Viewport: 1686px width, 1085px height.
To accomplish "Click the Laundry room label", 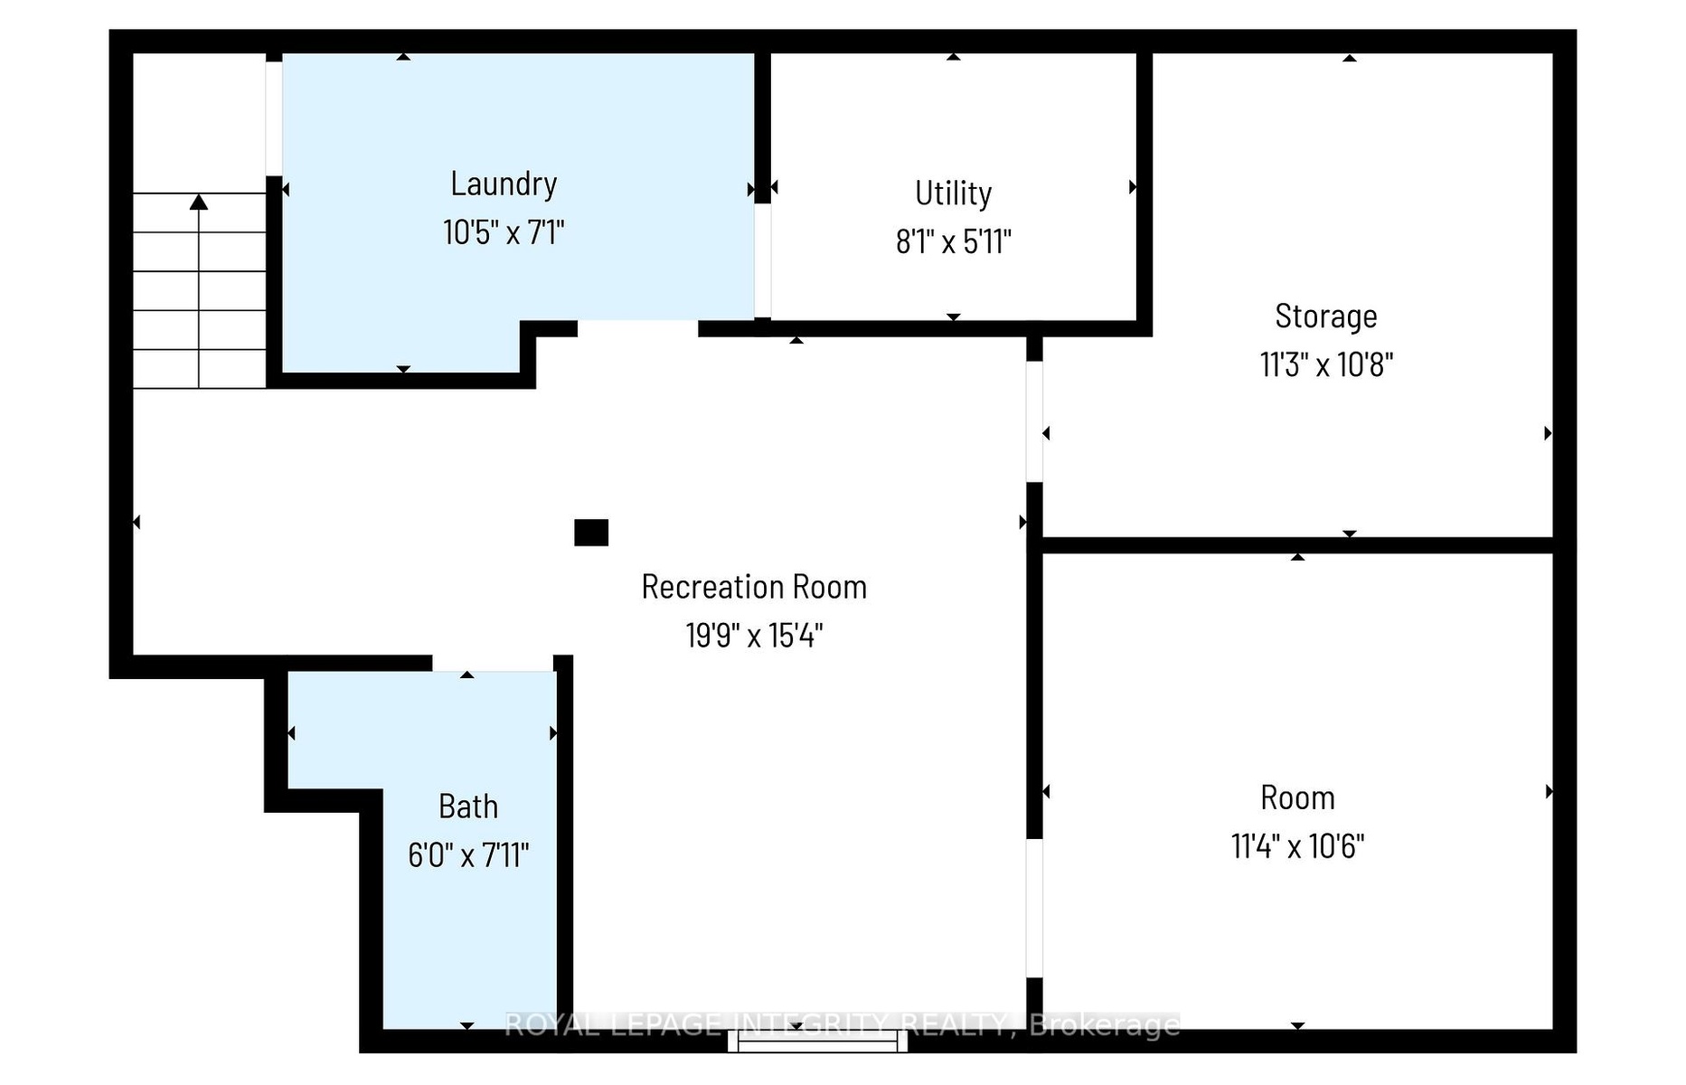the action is [x=504, y=184].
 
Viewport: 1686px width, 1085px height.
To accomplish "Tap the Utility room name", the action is [x=953, y=193].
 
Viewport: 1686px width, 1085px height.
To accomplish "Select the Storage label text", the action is [x=1326, y=316].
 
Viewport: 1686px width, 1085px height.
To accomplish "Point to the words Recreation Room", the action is [x=754, y=587].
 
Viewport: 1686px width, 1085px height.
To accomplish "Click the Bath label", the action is [x=468, y=807].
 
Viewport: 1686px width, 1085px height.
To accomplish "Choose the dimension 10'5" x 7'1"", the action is [x=504, y=233].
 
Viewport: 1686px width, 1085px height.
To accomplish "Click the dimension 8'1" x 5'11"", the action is [x=953, y=242].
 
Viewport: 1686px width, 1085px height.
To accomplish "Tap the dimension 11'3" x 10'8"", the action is [x=1326, y=365].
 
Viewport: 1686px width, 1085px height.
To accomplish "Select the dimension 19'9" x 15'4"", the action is [x=754, y=636].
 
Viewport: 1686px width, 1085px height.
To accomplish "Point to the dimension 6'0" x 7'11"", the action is [x=468, y=855].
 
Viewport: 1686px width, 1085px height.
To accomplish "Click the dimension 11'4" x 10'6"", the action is [x=1297, y=847].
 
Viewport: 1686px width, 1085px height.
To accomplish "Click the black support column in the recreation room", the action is [x=591, y=533].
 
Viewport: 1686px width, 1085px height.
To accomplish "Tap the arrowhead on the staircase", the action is [x=199, y=202].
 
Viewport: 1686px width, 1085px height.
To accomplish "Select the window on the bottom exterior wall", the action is [x=818, y=1042].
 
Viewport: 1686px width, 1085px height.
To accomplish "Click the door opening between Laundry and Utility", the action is [x=763, y=260].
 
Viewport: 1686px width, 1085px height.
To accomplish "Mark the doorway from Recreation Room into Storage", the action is [x=1034, y=421].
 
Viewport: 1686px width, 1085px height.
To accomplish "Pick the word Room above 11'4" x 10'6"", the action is [x=1297, y=798].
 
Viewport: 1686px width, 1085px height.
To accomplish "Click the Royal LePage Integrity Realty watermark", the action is [x=842, y=1025].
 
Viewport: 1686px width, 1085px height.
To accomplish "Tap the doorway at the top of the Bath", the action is [x=493, y=664].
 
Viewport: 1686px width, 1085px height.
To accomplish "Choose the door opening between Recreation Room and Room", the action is [x=1034, y=908].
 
